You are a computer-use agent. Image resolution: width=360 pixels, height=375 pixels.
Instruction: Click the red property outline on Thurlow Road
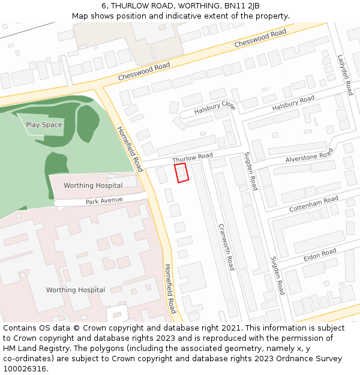click(181, 172)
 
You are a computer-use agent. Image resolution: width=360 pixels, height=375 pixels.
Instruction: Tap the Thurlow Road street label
click(193, 158)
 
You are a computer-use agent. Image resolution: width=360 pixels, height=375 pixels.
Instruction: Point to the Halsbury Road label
click(293, 103)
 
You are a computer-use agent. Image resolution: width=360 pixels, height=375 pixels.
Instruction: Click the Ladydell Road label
click(345, 75)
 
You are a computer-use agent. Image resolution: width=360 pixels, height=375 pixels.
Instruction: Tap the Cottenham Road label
click(314, 204)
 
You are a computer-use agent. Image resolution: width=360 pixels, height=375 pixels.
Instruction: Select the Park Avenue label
click(104, 200)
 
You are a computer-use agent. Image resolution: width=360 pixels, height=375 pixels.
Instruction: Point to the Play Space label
click(44, 125)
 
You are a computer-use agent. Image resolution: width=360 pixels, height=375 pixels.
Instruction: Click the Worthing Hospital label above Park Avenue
click(93, 185)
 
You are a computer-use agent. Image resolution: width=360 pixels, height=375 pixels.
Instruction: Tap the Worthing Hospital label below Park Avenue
click(76, 290)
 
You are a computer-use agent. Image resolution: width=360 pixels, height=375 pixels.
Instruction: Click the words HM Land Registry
click(31, 349)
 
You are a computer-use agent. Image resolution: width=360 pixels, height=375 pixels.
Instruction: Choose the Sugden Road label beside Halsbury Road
click(250, 171)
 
